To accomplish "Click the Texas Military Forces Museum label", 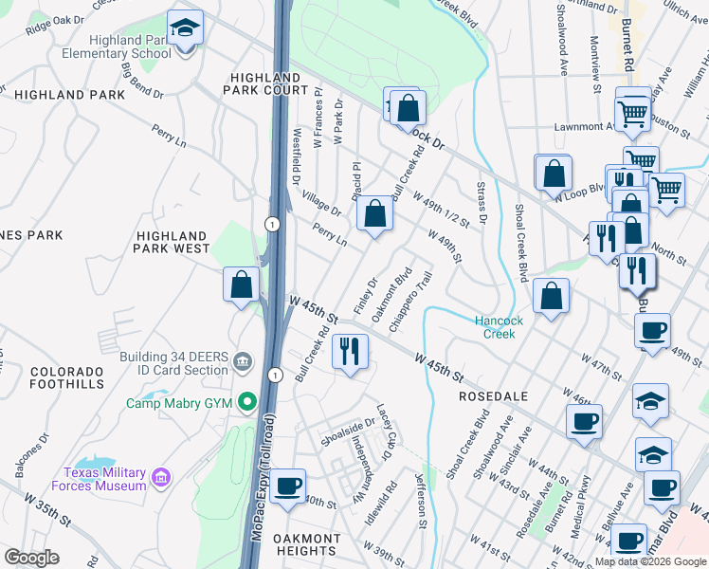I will tap(105, 479).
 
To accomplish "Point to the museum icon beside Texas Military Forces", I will tap(162, 475).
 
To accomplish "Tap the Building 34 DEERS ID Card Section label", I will tap(173, 362).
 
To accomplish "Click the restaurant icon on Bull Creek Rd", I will tap(351, 352).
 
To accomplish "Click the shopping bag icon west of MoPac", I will tap(242, 284).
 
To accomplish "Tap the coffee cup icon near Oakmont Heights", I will tap(287, 486).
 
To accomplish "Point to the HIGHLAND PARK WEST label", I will tap(172, 242).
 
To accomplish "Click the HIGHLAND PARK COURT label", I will tap(266, 83).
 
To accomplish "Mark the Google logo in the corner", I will tap(31, 557).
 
